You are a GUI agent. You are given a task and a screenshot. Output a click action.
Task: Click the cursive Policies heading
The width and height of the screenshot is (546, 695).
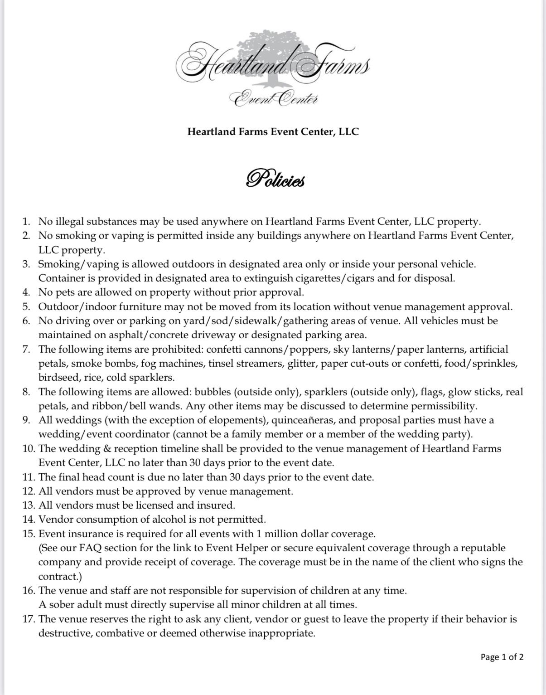[x=275, y=179]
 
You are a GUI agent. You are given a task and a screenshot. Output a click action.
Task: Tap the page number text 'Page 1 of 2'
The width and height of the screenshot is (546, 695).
[x=502, y=657]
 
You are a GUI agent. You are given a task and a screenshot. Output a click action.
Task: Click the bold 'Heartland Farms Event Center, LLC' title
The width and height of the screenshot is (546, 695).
[x=273, y=132]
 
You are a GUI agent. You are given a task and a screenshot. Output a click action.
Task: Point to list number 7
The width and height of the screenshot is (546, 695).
[x=26, y=349]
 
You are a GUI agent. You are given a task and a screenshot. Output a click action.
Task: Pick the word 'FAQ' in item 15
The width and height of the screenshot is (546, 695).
[x=91, y=548]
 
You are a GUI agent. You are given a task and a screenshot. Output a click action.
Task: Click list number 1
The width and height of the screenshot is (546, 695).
[x=26, y=222]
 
